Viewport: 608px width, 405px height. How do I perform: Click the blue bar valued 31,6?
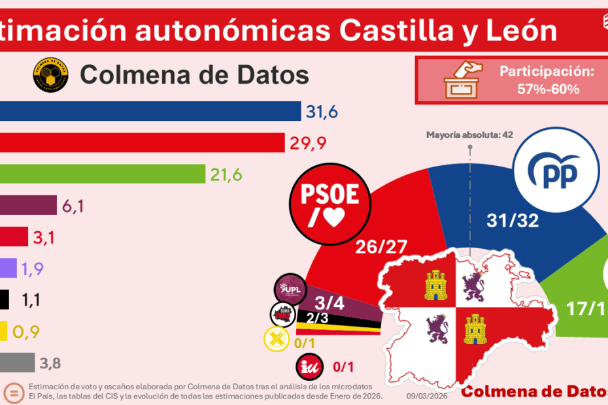150,112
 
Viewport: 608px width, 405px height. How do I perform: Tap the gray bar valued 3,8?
18,362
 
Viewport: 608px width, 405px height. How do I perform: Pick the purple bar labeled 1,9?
8,268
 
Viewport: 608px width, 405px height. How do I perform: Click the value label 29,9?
307,143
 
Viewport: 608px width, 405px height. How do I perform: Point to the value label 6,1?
76,206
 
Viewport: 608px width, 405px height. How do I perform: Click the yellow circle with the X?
275,340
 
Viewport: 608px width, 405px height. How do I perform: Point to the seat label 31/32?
513,221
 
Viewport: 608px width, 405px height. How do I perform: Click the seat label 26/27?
380,246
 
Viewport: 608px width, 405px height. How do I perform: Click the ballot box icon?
462,80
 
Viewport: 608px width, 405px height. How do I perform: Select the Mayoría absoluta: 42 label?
469,135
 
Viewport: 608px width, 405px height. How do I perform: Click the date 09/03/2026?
428,396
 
